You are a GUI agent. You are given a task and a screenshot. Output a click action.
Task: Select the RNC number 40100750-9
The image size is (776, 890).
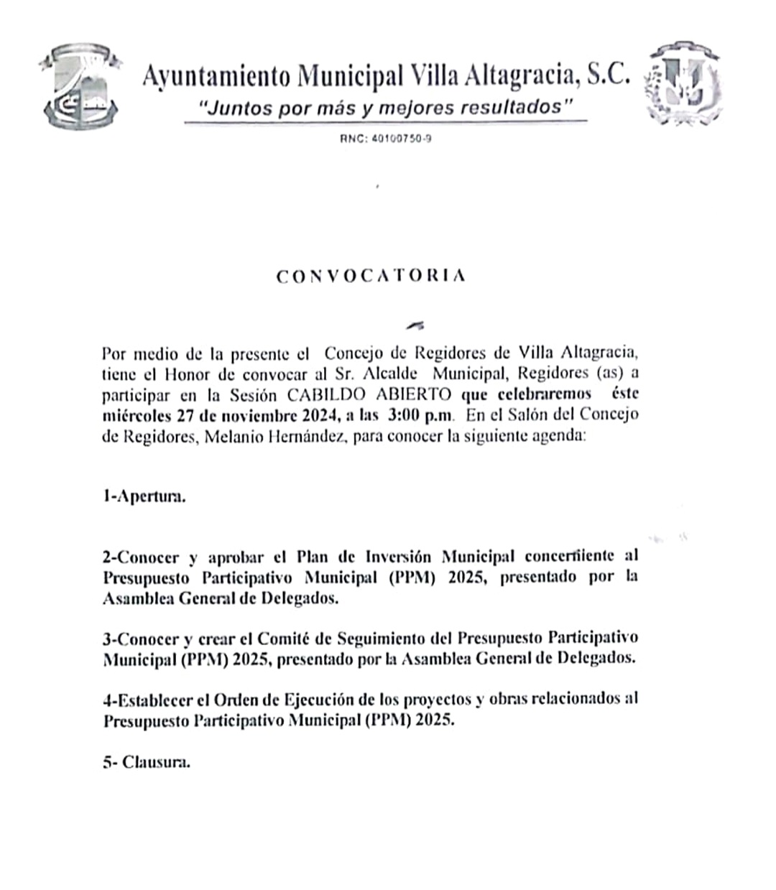[x=386, y=139]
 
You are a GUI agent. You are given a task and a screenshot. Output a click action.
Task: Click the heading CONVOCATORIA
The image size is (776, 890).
[x=371, y=277]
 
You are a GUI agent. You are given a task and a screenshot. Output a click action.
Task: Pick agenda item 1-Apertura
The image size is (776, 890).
[x=144, y=497]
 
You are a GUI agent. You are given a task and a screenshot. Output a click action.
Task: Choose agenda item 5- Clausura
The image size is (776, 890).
[x=147, y=762]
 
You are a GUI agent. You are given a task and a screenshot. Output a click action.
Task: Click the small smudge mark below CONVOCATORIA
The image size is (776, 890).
[x=415, y=325]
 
